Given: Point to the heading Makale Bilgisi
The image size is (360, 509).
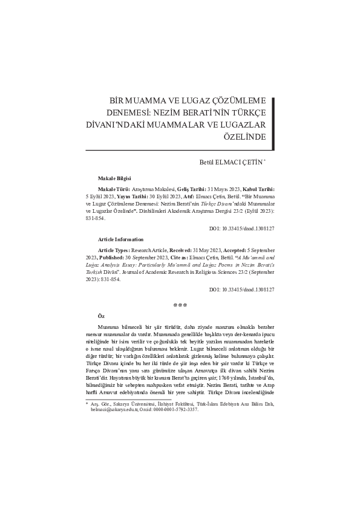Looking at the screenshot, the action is pyautogui.click(x=115, y=179).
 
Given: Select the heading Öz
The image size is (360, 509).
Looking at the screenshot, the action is pyautogui.click(x=101, y=316).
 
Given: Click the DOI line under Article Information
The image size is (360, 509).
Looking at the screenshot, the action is pyautogui.click(x=241, y=290).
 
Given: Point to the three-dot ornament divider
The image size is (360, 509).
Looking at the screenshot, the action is pyautogui.click(x=180, y=305).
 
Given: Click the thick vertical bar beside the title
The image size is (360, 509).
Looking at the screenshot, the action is pyautogui.click(x=272, y=119).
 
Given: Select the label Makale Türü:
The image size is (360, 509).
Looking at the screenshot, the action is pyautogui.click(x=113, y=189).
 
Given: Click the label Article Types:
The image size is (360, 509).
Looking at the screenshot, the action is pyautogui.click(x=114, y=250).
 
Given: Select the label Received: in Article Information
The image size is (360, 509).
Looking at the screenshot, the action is pyautogui.click(x=174, y=250).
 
